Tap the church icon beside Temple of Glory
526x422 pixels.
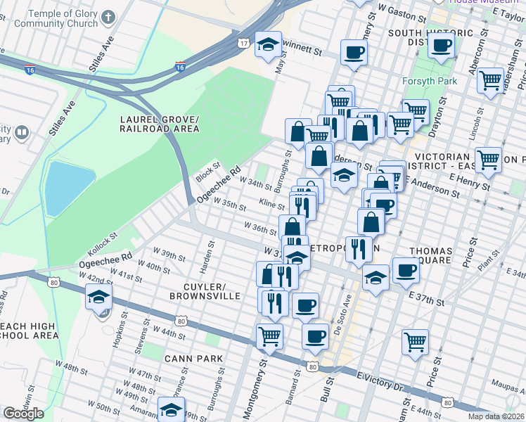[108, 15]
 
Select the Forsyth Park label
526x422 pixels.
[429, 81]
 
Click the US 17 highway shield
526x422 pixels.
[243, 44]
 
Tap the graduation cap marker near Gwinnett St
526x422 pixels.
[268, 45]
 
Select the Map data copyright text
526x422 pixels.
[496, 416]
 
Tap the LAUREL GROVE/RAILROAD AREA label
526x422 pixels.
[160, 124]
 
